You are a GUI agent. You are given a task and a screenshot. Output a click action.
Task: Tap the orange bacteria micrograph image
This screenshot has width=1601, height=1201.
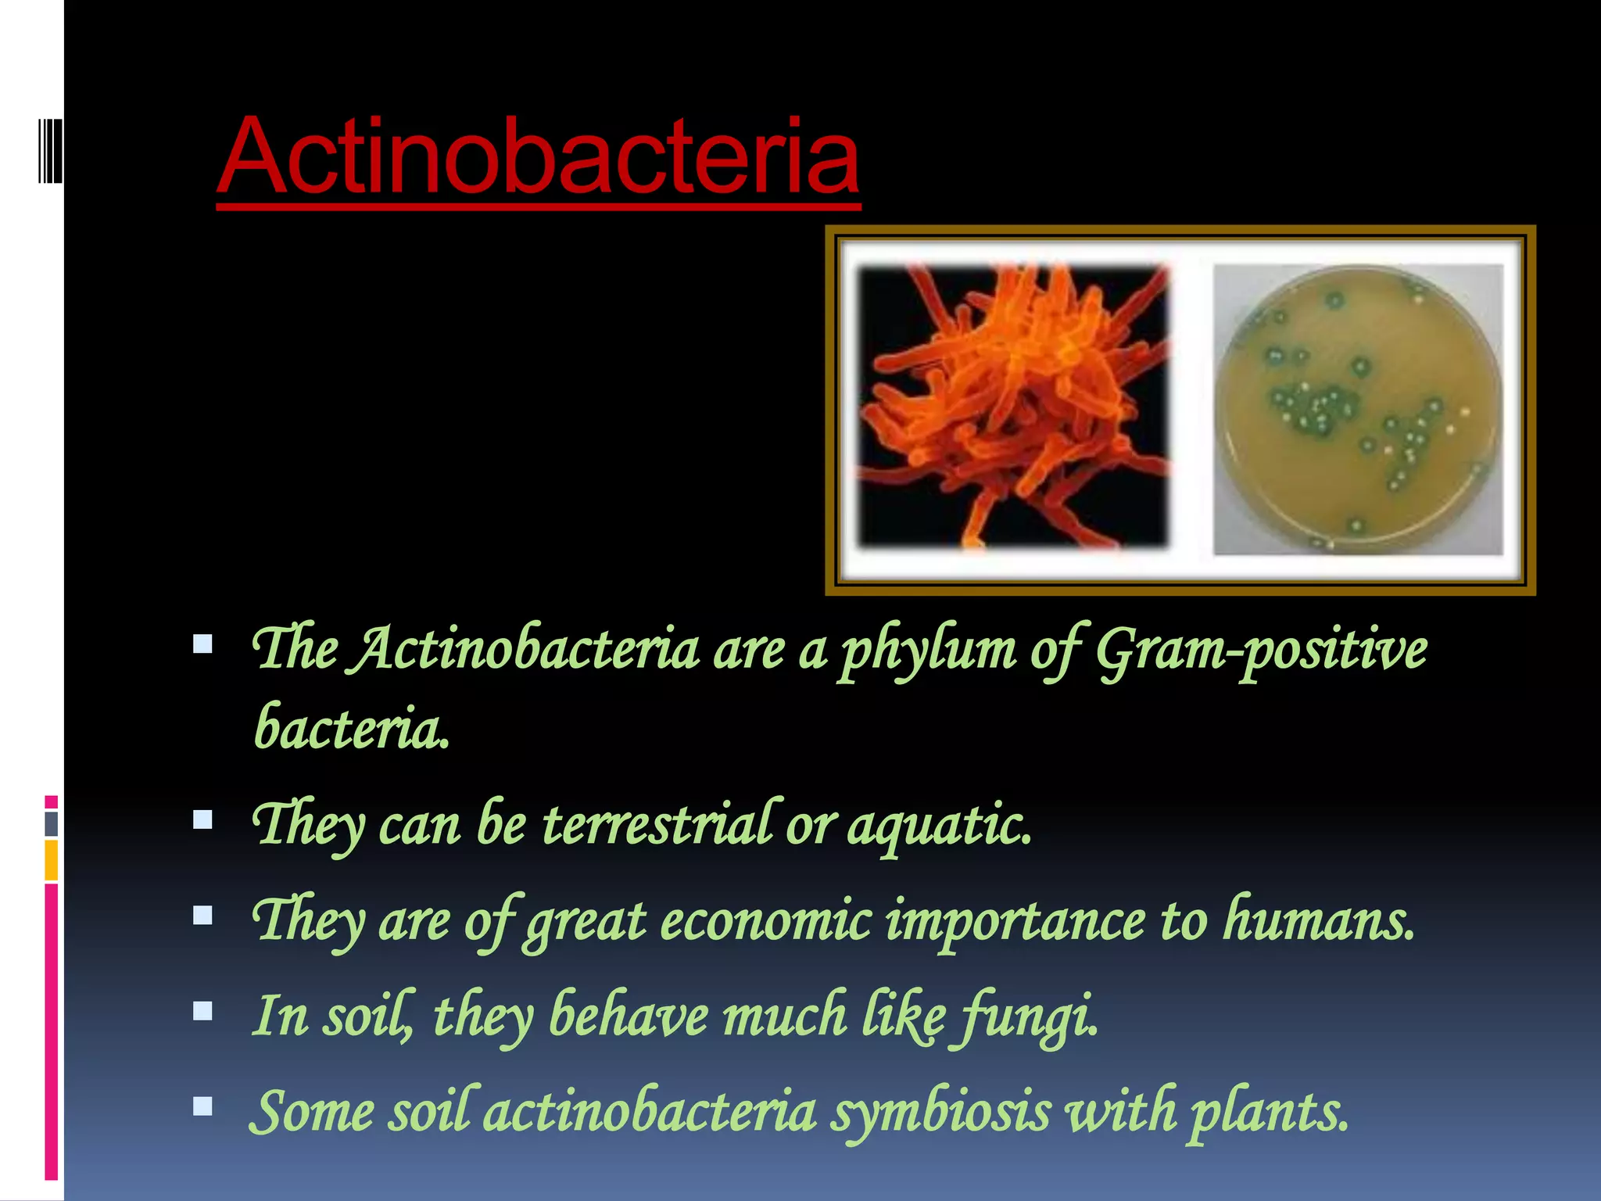(1014, 406)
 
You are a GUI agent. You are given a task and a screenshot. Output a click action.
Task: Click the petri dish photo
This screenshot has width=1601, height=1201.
(1358, 409)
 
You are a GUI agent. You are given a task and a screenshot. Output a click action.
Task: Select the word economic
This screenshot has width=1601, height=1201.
(766, 920)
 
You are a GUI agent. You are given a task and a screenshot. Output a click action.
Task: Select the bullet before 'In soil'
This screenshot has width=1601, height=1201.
(203, 1011)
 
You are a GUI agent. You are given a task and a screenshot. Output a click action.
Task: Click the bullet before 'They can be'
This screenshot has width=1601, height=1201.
(203, 819)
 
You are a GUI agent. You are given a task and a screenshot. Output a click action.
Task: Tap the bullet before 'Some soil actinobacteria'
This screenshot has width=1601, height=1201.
(203, 1106)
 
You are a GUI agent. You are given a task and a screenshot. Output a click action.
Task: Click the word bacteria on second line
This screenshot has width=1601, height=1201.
(352, 727)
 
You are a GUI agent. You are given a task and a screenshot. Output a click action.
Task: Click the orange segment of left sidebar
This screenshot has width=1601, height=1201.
(52, 860)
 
